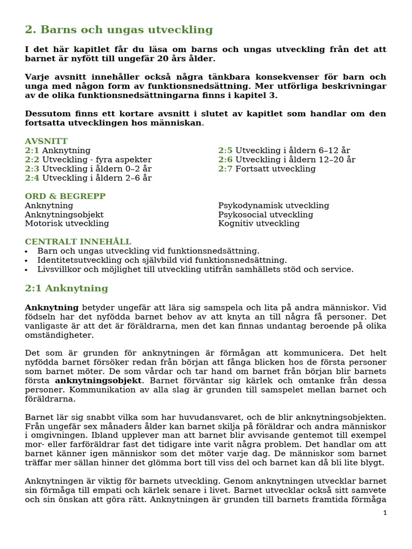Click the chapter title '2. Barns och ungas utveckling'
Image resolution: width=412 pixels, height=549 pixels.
coord(119,30)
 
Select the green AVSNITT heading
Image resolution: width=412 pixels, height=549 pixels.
coord(46,141)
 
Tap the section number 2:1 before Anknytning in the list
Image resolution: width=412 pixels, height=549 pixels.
coord(32,151)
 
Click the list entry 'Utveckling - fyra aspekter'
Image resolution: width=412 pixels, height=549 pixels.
coord(97,160)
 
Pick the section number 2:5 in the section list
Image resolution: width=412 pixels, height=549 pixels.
coord(225,151)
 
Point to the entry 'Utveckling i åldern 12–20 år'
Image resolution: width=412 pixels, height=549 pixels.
coord(295,160)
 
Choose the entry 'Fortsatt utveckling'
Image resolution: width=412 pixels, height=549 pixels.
coord(275,169)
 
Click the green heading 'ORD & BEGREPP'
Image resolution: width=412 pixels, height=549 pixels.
coord(65,196)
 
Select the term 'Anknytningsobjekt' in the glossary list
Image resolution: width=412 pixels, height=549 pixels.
coord(64,214)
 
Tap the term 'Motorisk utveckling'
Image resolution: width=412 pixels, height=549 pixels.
coord(67,224)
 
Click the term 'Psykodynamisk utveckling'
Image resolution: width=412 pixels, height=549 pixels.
coord(274,205)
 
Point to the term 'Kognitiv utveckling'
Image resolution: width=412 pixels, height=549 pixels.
coord(259,224)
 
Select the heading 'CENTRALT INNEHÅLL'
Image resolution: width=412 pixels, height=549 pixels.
coord(78,242)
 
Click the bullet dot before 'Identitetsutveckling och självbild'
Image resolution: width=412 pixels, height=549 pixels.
coord(27,261)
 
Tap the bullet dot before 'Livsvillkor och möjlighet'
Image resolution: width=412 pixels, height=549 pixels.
coord(27,270)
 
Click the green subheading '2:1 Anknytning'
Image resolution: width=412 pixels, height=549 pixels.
coord(67,288)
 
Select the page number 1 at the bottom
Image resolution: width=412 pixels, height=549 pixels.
coord(385,513)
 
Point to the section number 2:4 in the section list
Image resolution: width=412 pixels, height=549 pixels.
coord(32,178)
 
